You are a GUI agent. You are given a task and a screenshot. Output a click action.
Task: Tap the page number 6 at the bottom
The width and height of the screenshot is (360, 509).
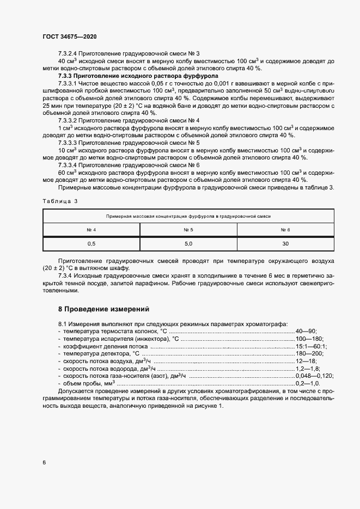point(44,462)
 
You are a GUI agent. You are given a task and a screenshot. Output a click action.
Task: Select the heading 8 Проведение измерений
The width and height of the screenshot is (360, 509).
point(103,309)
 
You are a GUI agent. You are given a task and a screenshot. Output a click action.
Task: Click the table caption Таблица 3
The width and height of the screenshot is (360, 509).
point(60,201)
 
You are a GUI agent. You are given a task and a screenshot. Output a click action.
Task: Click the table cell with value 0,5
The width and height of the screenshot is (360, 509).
point(91,244)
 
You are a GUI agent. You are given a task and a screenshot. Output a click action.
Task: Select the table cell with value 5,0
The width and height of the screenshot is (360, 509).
point(188,244)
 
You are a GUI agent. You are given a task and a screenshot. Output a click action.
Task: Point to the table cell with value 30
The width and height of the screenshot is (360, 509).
point(286,244)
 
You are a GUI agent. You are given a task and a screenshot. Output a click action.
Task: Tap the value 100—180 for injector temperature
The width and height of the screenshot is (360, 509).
point(308,339)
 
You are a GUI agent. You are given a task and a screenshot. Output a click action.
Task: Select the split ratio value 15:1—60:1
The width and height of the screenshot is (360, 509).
point(310,346)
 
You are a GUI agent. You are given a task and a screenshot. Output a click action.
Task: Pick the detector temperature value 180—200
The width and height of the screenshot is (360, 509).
point(308,353)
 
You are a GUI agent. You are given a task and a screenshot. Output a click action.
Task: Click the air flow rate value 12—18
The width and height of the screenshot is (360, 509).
point(305,361)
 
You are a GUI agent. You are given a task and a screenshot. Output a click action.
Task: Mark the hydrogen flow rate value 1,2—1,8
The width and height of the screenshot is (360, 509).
point(307,369)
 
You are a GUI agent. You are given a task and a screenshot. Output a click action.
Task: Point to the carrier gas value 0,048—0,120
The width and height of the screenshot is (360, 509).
point(314,376)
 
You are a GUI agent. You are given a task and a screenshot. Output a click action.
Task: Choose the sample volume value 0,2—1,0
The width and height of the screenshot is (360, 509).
point(307,383)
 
